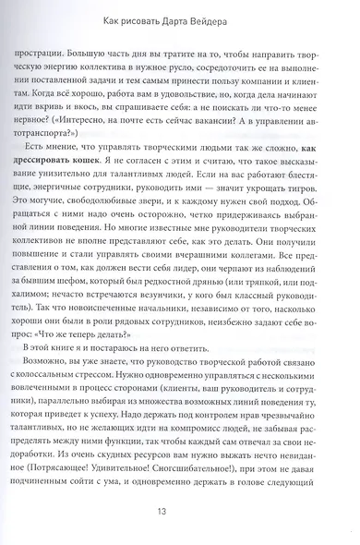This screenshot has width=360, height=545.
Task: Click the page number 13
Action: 180,507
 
